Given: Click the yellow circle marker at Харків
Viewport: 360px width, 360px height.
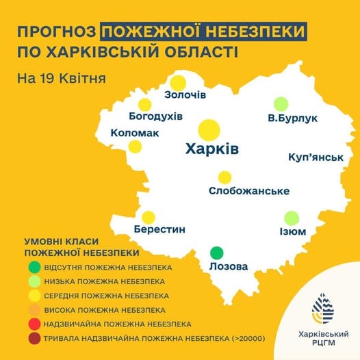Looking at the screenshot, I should (209, 130).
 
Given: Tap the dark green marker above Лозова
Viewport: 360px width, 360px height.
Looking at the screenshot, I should (216, 252).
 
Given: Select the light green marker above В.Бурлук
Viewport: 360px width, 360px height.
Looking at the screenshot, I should (281, 104).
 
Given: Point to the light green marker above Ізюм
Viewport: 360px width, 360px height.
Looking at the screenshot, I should (292, 218).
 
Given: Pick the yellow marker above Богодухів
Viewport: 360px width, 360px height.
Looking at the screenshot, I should (144, 104).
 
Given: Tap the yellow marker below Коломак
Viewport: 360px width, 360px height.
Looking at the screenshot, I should (135, 146).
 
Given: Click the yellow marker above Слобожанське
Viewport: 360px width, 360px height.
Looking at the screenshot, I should (224, 177).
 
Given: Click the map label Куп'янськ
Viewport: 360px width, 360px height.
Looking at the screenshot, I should (316, 157).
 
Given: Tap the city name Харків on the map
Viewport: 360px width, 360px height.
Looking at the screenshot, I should (211, 149).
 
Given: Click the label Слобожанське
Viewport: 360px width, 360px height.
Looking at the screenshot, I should (248, 191).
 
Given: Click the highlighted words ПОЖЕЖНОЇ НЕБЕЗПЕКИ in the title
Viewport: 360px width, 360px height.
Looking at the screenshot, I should (203, 31).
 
